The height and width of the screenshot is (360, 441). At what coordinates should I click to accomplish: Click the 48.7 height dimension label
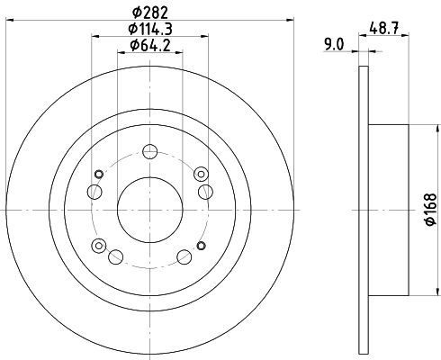[385, 28]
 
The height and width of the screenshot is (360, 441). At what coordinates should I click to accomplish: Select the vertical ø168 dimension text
[431, 209]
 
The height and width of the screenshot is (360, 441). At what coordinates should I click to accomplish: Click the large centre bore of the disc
[149, 209]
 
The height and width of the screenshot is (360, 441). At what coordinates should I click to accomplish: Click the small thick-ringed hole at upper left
[99, 173]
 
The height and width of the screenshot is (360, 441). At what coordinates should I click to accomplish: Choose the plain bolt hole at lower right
[184, 257]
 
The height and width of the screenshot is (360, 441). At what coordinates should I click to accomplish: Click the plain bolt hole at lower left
[115, 258]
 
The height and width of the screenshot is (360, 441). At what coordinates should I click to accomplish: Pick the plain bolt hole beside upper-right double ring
[205, 190]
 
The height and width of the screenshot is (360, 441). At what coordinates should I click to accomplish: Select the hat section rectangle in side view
[389, 209]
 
